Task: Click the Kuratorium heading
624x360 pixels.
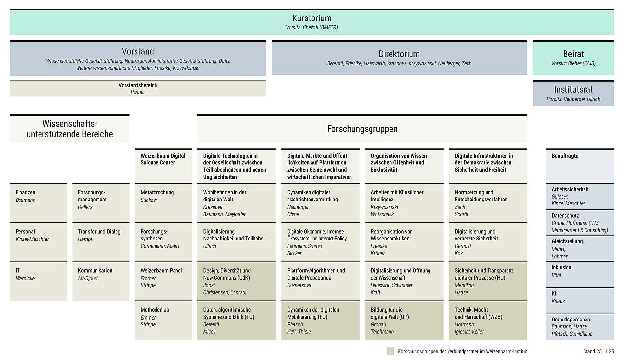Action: pyautogui.click(x=312, y=19)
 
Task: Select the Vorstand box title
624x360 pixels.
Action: pyautogui.click(x=137, y=51)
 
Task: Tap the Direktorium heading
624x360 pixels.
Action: pyautogui.click(x=399, y=54)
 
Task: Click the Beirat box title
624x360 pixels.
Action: pyautogui.click(x=573, y=54)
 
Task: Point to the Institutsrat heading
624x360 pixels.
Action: pyautogui.click(x=573, y=90)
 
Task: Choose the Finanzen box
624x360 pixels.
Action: pyautogui.click(x=38, y=203)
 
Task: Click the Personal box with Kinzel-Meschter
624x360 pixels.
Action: pyautogui.click(x=38, y=242)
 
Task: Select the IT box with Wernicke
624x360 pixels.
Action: pyautogui.click(x=38, y=281)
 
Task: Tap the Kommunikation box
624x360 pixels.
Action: pyautogui.click(x=100, y=281)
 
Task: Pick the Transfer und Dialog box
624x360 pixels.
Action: pyautogui.click(x=100, y=242)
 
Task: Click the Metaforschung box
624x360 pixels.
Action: pyautogui.click(x=163, y=203)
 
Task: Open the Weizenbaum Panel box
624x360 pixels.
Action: pyautogui.click(x=163, y=281)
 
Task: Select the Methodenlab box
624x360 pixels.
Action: pyautogui.click(x=163, y=320)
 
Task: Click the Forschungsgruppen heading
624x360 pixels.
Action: pyautogui.click(x=362, y=129)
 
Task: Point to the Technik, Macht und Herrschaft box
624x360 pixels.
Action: pyautogui.click(x=487, y=320)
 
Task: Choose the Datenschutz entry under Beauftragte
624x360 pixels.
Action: pyautogui.click(x=580, y=222)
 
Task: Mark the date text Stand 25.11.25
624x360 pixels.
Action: pyautogui.click(x=598, y=351)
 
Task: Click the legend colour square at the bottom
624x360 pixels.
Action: pyautogui.click(x=390, y=351)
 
